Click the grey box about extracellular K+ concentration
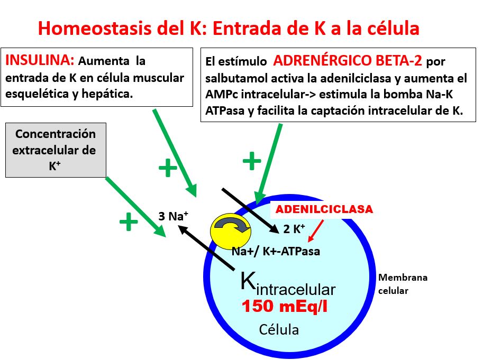pos(56,150)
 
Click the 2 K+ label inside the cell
pos(294,229)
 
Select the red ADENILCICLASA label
pos(324,210)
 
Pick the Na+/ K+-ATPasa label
pos(276,251)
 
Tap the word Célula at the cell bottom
pos(279,330)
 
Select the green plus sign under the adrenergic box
pos(252,160)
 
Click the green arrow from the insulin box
pos(175,152)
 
